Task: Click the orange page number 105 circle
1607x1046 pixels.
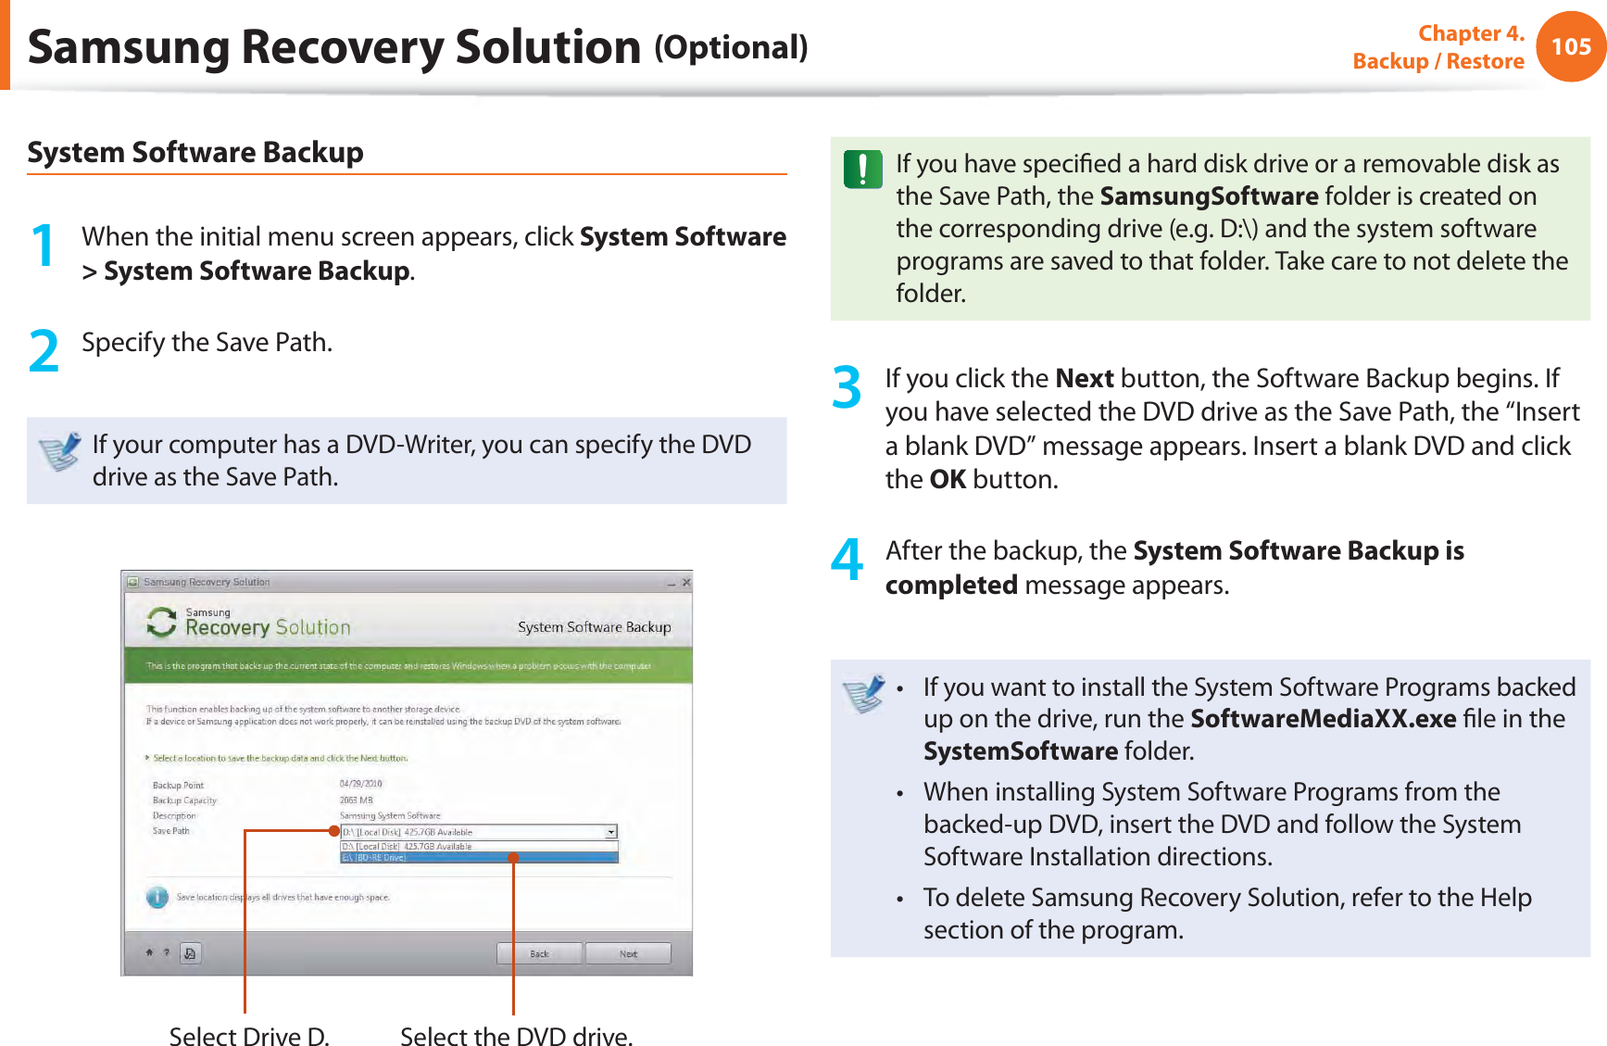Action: click(1571, 46)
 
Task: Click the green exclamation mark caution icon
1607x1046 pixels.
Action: click(862, 169)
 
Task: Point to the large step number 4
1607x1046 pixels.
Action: click(847, 560)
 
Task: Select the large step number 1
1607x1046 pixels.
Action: click(43, 246)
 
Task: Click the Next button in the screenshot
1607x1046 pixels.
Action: click(628, 953)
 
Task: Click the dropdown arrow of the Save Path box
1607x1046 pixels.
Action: click(611, 832)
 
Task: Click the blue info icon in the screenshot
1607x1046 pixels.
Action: click(157, 897)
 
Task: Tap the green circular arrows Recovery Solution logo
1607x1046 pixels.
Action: click(161, 623)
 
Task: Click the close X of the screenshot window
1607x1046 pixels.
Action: click(686, 583)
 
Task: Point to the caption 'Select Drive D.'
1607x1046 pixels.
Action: click(249, 1036)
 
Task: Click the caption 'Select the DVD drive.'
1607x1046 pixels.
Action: click(516, 1036)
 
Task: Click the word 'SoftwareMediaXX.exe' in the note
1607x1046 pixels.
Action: click(1323, 719)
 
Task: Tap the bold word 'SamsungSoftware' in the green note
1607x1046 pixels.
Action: click(1209, 196)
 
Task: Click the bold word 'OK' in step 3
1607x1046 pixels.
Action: click(948, 480)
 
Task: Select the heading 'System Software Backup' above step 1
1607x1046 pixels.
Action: click(195, 152)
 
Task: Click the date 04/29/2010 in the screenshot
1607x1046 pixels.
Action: click(361, 784)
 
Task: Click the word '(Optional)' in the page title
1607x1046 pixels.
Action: click(731, 47)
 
